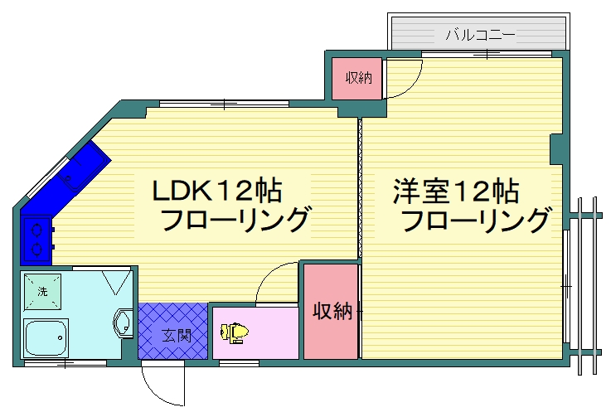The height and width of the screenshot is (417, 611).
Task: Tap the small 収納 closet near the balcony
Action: point(358,79)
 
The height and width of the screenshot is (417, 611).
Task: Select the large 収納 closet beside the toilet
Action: point(331,312)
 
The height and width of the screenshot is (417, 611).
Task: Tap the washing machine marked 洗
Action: point(41,291)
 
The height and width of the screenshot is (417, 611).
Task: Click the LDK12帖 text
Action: point(217,191)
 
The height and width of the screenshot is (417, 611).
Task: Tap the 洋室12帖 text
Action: point(456,191)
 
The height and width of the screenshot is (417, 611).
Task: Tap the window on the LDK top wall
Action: point(224,104)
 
